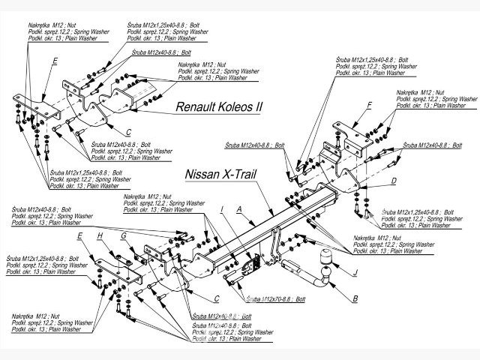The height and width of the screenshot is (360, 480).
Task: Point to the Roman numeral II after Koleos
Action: pos(259,107)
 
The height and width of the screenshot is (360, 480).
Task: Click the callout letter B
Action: pos(355,299)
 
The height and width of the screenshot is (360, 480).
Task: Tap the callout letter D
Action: pos(394,181)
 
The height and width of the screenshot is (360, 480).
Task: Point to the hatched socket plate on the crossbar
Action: pos(253,263)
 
